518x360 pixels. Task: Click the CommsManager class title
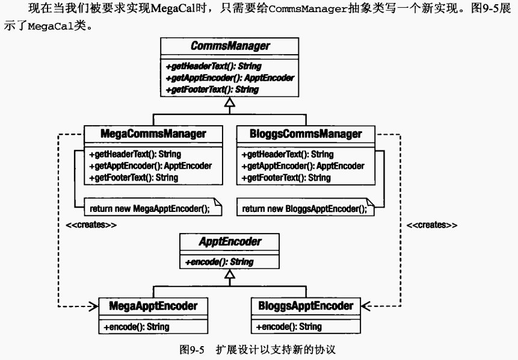pyautogui.click(x=230, y=46)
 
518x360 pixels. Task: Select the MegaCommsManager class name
pyautogui.click(x=153, y=134)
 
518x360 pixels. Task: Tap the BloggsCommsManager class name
pyautogui.click(x=306, y=134)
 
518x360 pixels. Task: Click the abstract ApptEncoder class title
pyautogui.click(x=230, y=241)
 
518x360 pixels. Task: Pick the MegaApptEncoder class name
pyautogui.click(x=153, y=306)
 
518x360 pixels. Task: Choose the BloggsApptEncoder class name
pyautogui.click(x=306, y=306)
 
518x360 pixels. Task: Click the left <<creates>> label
pyautogui.click(x=91, y=225)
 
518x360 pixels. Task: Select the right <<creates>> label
pyautogui.click(x=432, y=225)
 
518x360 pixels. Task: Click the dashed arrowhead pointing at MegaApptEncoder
pyautogui.click(x=94, y=306)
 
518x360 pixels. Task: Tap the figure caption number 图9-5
pyautogui.click(x=192, y=350)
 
